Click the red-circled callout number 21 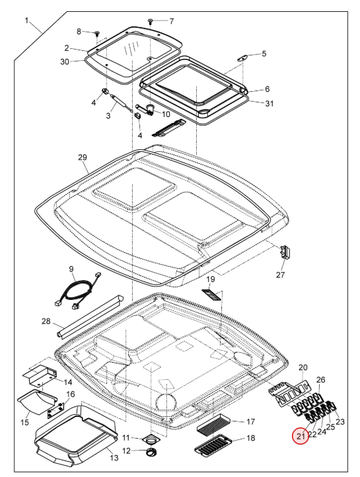coord(301,436)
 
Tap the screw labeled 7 coord(151,21)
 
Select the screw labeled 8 coord(97,33)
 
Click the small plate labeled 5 coord(242,57)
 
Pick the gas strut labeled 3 coord(122,103)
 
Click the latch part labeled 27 coord(285,252)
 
